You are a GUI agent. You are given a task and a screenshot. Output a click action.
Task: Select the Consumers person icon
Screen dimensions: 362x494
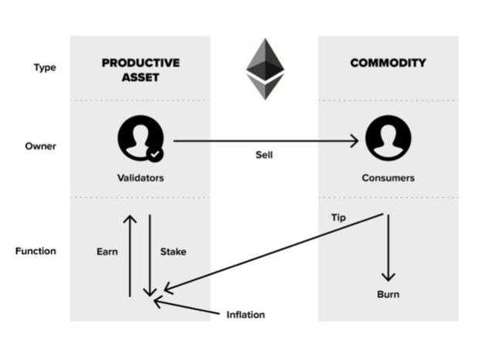[387, 138]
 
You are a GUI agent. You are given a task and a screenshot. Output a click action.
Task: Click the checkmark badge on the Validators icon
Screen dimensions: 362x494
[155, 154]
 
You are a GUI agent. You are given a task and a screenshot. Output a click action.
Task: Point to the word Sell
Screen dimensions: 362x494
[264, 155]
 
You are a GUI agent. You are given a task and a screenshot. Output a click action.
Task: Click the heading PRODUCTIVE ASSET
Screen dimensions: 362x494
[140, 70]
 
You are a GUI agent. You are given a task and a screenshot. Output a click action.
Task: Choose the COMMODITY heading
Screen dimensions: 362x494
[387, 63]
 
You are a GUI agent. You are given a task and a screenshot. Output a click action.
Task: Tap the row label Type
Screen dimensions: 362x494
[45, 68]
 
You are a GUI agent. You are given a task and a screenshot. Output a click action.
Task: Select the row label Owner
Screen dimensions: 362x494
[41, 146]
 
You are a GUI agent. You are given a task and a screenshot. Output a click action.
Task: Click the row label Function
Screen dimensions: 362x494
[36, 251]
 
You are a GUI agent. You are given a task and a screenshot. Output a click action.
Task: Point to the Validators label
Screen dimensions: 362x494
[140, 178]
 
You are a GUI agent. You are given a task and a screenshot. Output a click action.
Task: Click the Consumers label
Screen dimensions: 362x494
[387, 178]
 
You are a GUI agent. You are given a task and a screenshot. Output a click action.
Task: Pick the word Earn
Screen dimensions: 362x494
[107, 252]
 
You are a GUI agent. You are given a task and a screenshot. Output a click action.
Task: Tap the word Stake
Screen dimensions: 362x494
[173, 252]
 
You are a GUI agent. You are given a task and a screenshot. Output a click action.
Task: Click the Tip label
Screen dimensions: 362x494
[339, 218]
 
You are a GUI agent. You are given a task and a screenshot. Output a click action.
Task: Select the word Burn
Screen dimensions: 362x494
[387, 294]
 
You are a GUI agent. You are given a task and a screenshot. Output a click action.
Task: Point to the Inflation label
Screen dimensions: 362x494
[245, 315]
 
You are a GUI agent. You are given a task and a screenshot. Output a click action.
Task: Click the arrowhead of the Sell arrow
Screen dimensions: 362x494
[355, 140]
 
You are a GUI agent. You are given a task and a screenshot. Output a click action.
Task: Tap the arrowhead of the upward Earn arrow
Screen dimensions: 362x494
[130, 219]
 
